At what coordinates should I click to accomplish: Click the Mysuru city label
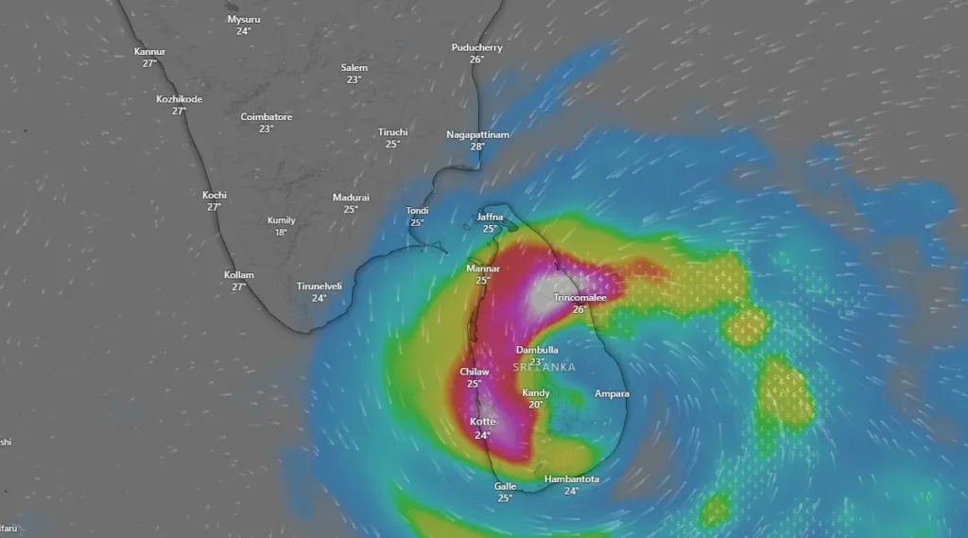[244, 19]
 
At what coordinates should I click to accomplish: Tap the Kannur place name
[149, 51]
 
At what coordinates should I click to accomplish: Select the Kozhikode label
[179, 98]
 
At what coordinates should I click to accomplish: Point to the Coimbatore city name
[266, 117]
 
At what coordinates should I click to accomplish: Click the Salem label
[354, 68]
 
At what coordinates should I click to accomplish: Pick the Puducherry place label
[476, 47]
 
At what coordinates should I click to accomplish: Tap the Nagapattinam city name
[477, 134]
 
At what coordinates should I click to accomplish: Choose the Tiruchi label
[392, 132]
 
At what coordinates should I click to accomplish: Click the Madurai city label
[351, 198]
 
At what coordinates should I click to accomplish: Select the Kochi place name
[215, 196]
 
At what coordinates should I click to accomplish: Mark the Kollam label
[239, 275]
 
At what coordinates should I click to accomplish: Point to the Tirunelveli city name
[320, 286]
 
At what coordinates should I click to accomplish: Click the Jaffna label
[490, 217]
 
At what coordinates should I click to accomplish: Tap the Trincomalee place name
[579, 297]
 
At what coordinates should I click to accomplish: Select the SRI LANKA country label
[544, 367]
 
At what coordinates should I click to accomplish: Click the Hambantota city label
[571, 479]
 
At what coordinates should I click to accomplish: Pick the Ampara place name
[612, 393]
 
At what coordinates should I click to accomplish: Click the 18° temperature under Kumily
[281, 233]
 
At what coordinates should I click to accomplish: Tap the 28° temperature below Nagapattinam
[477, 147]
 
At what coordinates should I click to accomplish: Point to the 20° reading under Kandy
[536, 405]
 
